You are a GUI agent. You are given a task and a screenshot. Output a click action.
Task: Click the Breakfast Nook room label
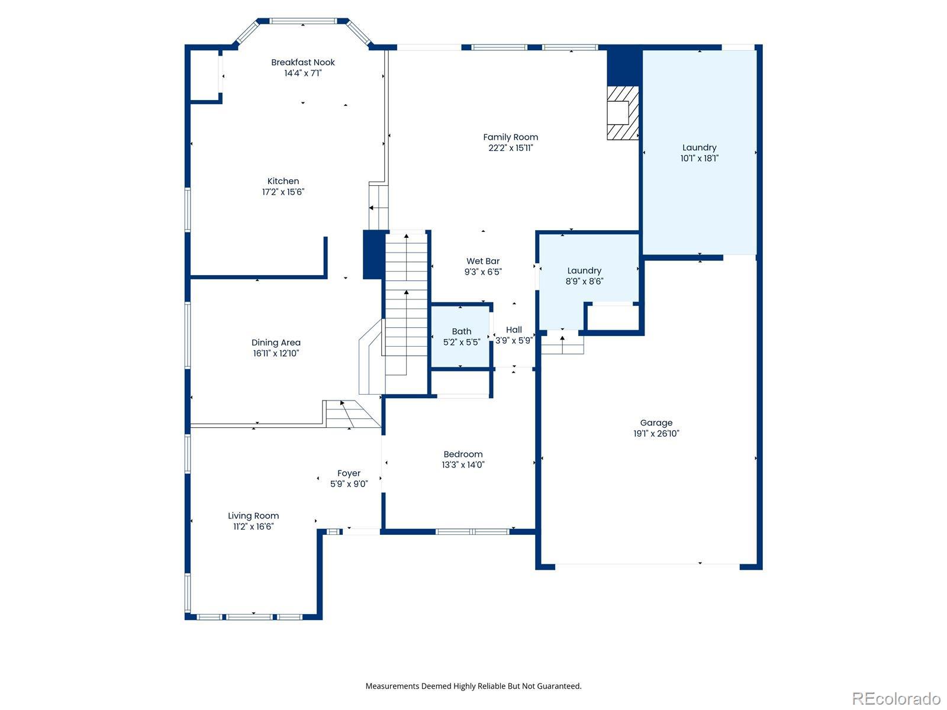pos(303,62)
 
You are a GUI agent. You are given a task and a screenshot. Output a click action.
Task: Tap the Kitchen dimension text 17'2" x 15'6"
pos(283,192)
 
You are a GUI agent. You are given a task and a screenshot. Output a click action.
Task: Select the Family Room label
pos(510,137)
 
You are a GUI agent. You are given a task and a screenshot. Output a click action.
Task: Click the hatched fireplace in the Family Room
pos(623,113)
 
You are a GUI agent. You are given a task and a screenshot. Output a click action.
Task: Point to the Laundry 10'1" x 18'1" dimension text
pos(700,158)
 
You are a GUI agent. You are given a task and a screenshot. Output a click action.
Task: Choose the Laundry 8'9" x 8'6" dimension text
pos(584,282)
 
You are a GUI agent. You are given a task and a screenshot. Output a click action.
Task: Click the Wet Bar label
pos(483,262)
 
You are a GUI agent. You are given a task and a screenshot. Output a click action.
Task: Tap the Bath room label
pos(461,331)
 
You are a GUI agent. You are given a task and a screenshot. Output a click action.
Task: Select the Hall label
pos(514,330)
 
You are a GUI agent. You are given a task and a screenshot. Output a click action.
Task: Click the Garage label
pos(656,423)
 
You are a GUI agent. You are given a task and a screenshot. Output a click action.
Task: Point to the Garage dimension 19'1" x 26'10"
pos(656,434)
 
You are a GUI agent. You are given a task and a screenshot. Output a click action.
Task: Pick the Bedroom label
pos(463,454)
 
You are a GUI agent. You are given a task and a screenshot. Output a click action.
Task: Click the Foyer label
pos(349,473)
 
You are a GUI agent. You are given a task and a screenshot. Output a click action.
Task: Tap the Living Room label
pos(253,516)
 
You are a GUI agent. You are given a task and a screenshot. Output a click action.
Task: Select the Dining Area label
pos(276,343)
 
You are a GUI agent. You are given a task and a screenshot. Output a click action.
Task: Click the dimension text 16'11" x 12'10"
pos(276,353)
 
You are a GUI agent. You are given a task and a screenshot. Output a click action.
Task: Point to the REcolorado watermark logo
pos(896,698)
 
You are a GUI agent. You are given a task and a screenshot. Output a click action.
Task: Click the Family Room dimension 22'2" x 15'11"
pos(510,148)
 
